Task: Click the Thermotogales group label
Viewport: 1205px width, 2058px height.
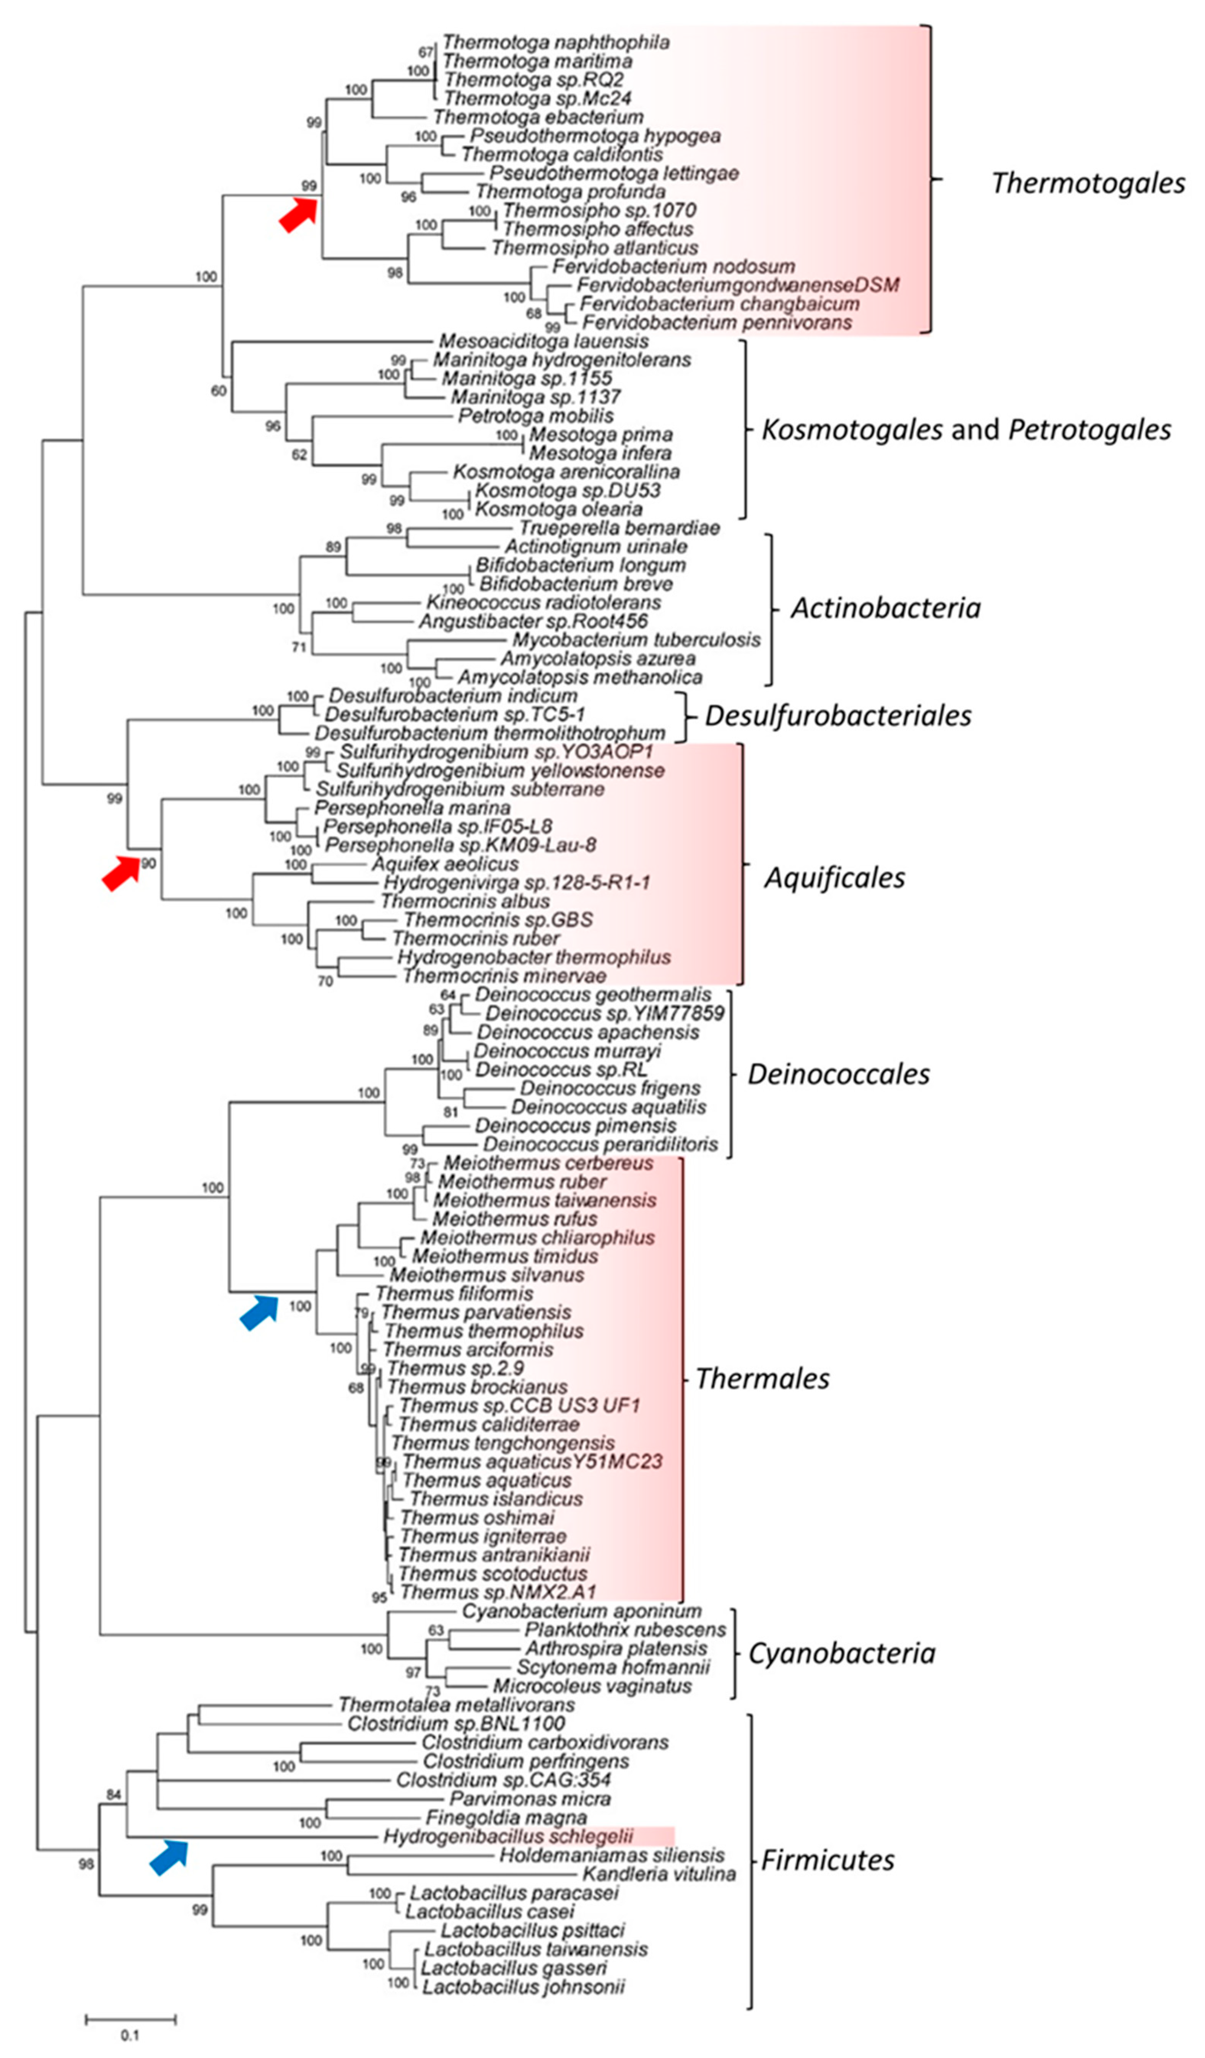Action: coord(1088,183)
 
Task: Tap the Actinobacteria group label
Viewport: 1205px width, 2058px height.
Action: coord(885,608)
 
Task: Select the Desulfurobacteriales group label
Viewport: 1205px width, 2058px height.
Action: coord(837,716)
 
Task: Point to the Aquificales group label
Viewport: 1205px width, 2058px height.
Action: coord(834,878)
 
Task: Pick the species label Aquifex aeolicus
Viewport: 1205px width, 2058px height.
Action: coord(445,864)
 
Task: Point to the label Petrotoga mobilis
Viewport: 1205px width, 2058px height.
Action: coord(535,416)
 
